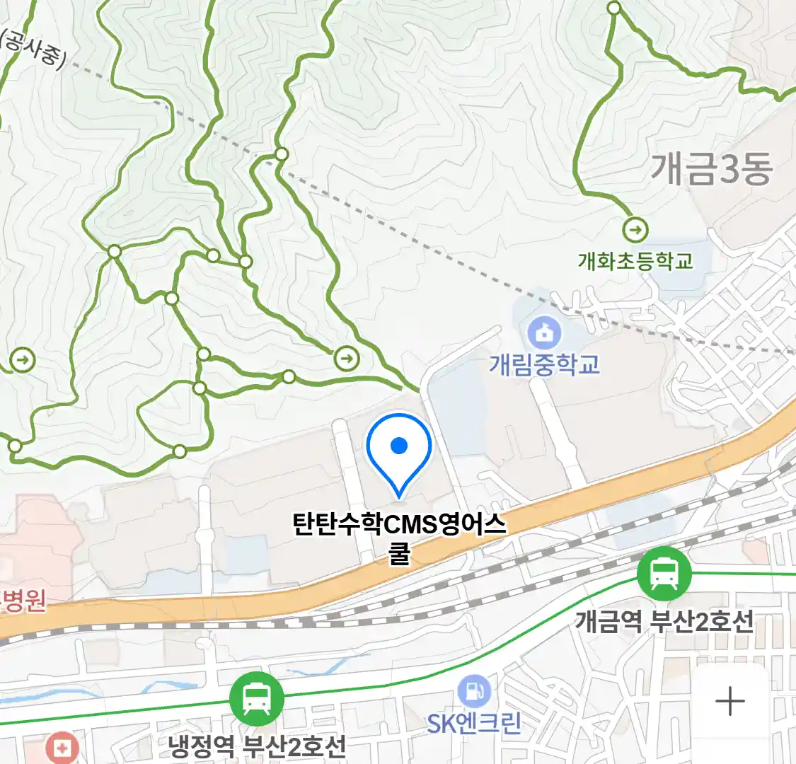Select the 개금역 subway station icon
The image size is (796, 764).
664,573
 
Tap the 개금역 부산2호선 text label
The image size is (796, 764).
664,622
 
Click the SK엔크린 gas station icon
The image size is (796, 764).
474,690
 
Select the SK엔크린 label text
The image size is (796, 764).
474,723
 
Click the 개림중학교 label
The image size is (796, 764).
544,364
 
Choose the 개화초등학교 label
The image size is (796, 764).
635,261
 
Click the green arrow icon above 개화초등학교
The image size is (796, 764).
635,230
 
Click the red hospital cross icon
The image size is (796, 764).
62,748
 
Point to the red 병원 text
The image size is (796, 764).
25,600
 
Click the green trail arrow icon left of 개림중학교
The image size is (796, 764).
346,359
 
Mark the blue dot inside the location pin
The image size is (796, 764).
399,445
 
